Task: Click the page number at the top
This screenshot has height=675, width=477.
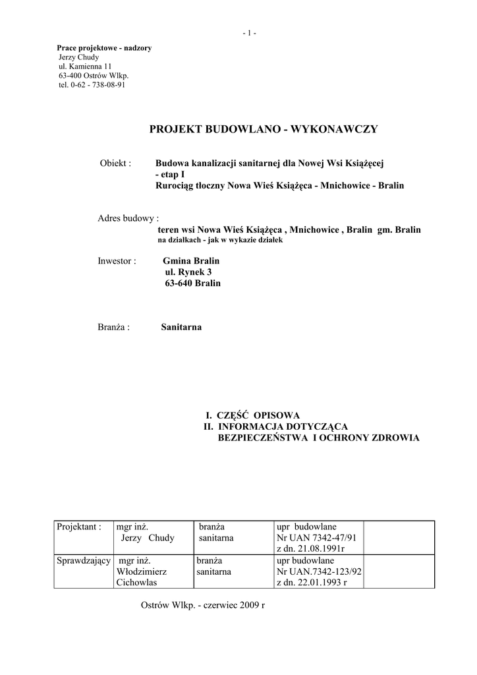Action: (249, 33)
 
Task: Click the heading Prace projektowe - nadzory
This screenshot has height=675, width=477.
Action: (104, 48)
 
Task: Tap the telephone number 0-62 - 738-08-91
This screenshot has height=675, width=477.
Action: (92, 85)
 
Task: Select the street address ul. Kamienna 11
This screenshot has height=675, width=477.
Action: (85, 67)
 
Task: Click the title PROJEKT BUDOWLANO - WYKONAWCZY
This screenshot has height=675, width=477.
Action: (264, 129)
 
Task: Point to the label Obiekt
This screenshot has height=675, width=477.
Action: (115, 163)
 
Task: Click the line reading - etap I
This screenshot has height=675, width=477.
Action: (171, 174)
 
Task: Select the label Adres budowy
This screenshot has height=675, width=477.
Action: (128, 218)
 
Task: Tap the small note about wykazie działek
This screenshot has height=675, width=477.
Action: (220, 241)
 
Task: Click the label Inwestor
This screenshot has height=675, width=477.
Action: (117, 261)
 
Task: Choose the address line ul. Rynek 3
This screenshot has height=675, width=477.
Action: (188, 272)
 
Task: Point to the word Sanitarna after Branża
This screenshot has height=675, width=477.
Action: (181, 327)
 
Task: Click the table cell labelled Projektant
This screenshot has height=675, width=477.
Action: (79, 527)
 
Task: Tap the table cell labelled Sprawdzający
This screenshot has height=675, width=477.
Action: (83, 561)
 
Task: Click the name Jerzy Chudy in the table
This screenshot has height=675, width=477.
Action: (148, 538)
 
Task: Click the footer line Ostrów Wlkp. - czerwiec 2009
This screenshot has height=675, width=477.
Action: (202, 605)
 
